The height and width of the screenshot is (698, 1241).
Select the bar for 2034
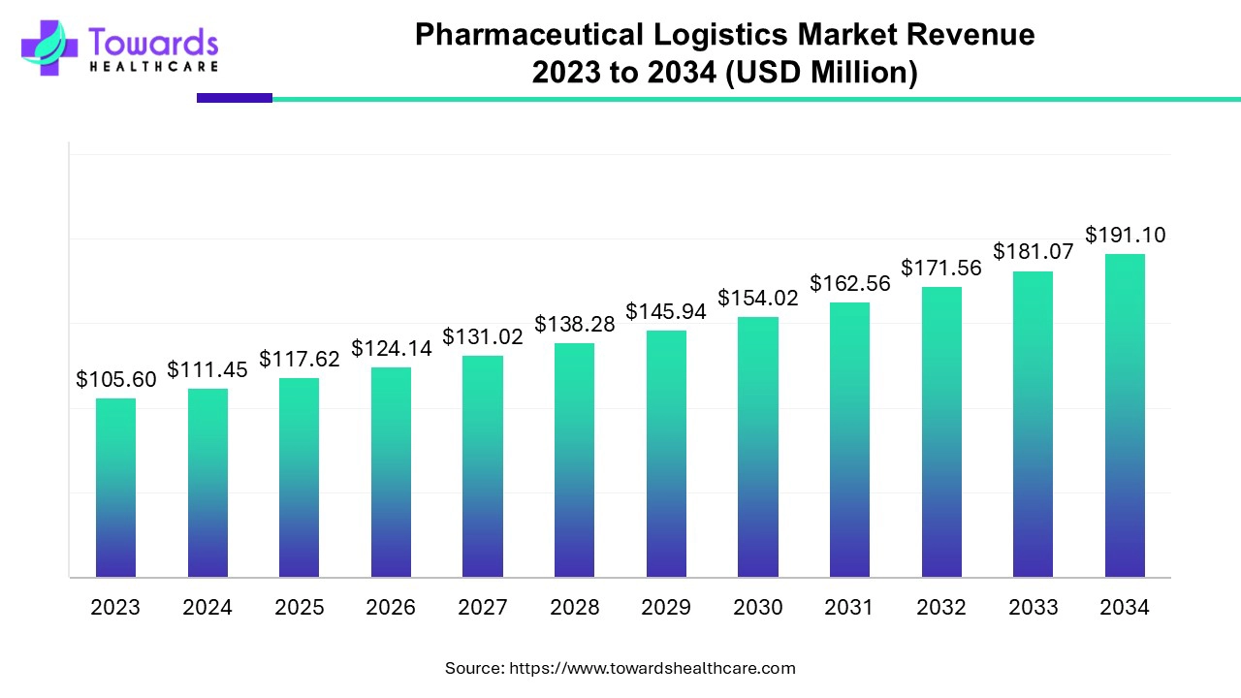point(1125,416)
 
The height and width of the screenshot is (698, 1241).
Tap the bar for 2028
point(574,460)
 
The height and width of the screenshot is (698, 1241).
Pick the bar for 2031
point(849,440)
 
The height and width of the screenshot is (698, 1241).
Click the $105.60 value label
point(116,380)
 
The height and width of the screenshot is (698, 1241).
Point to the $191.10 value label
point(1125,235)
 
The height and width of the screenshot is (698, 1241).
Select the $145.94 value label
point(666,312)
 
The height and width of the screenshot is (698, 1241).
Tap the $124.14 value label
point(391,348)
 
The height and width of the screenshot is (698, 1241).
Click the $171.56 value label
point(941,269)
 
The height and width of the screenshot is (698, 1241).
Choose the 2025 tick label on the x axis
point(299,608)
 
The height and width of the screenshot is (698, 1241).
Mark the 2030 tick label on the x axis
point(757,608)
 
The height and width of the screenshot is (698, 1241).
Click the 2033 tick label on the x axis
point(1033,608)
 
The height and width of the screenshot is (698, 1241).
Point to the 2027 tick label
point(482,608)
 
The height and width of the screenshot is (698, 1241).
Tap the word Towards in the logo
point(153,43)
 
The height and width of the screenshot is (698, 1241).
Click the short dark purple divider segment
point(234,98)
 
